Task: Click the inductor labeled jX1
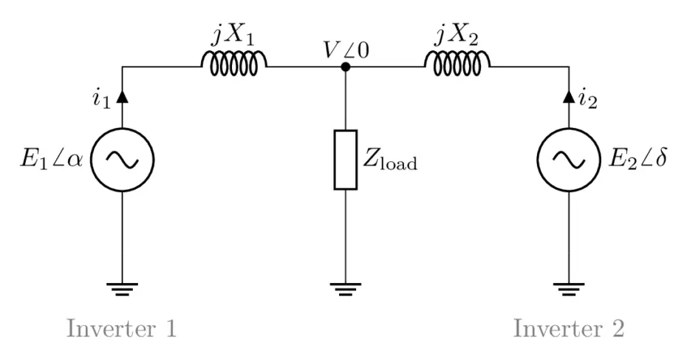234,66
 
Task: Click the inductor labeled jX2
457,66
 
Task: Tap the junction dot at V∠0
345,67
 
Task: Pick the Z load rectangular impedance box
345,160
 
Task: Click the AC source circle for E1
122,160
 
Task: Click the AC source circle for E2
569,160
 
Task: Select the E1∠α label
50,160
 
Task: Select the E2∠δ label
637,160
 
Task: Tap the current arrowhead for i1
122,96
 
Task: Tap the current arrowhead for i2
569,96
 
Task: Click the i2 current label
589,98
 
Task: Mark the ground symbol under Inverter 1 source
122,288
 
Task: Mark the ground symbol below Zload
345,288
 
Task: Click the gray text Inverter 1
122,327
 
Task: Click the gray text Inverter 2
569,327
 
